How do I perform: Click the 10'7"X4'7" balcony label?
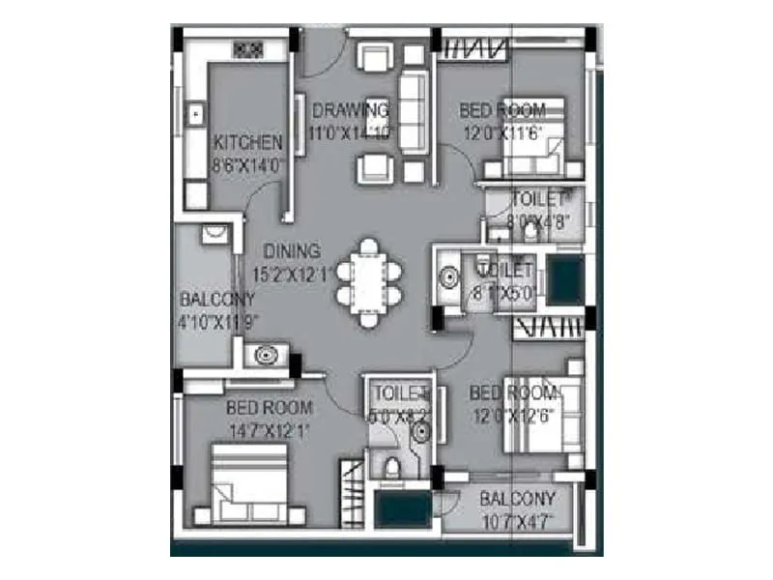coord(519,522)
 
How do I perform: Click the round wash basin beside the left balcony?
coord(264,356)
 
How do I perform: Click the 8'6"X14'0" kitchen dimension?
coord(248,164)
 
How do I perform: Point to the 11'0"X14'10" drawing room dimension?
coord(351,132)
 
